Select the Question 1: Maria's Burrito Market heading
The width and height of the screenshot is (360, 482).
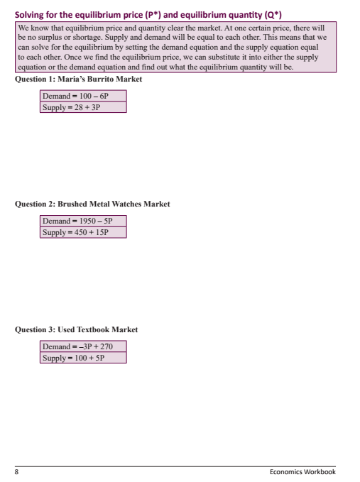pyautogui.click(x=78, y=80)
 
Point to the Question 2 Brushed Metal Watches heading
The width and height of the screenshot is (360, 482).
pyautogui.click(x=92, y=204)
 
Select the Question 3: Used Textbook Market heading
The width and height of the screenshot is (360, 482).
pyautogui.click(x=76, y=330)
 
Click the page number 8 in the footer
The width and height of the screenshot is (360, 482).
pyautogui.click(x=17, y=471)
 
